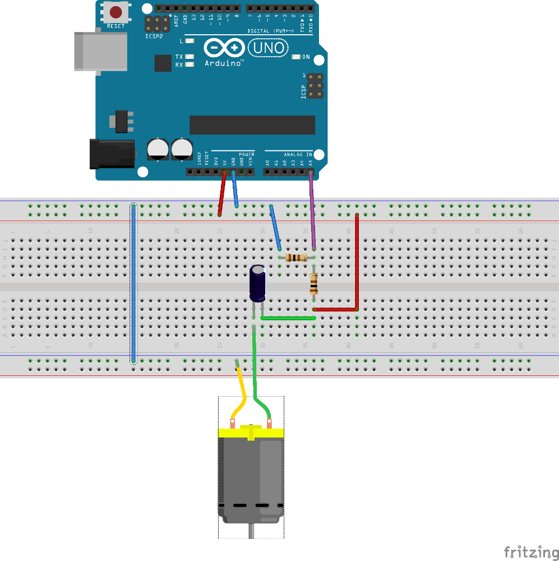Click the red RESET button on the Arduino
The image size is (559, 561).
pos(116,12)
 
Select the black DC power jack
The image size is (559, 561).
pos(112,154)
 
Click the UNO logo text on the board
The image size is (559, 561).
pos(269,48)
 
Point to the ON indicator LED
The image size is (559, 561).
pos(297,57)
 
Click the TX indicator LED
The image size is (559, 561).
pos(190,57)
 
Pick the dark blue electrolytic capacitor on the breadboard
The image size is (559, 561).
pos(258,284)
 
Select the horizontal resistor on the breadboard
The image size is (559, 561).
pos(296,257)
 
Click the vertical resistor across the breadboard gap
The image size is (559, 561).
pos(314,284)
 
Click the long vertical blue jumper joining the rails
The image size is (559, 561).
pos(133,283)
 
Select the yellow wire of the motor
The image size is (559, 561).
pos(241,393)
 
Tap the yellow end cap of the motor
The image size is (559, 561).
pos(251,433)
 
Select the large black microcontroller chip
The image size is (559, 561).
pos(252,125)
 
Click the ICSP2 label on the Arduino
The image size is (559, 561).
pos(154,36)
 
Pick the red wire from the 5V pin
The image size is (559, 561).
pos(222,193)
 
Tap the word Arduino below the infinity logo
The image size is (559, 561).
pos(224,63)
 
